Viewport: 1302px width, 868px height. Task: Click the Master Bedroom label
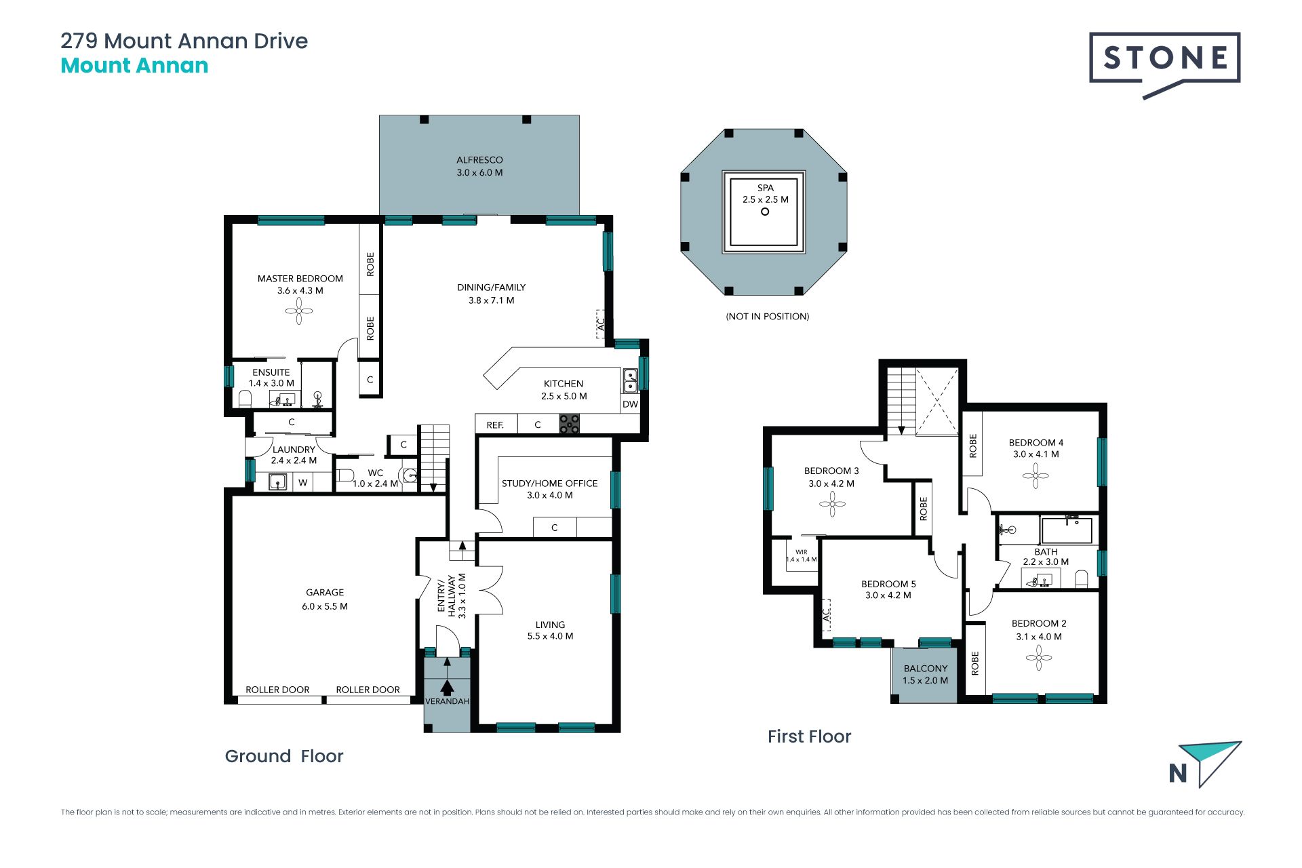tap(300, 279)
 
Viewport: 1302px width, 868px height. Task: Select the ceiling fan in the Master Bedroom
tap(299, 312)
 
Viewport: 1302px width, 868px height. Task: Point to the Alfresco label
tap(479, 160)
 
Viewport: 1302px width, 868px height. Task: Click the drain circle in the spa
tap(765, 212)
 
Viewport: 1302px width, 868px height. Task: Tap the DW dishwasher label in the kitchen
tap(630, 404)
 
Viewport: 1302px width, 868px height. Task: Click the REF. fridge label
tap(495, 425)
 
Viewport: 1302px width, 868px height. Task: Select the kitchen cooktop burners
tap(569, 425)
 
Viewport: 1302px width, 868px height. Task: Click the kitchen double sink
tap(630, 380)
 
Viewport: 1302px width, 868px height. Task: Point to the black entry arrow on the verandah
tap(447, 686)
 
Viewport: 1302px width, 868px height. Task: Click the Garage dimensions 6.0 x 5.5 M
tap(325, 606)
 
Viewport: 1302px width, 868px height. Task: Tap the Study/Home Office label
tap(549, 484)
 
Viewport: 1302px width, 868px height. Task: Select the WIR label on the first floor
tap(802, 552)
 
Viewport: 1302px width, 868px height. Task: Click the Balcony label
tap(926, 669)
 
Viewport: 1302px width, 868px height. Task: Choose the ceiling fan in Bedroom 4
tap(1035, 475)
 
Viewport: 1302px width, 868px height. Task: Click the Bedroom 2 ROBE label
tap(975, 663)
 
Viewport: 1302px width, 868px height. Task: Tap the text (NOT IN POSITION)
tap(768, 316)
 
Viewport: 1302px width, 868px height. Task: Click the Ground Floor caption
tap(284, 756)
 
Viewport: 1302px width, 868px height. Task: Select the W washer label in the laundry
tap(303, 483)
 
